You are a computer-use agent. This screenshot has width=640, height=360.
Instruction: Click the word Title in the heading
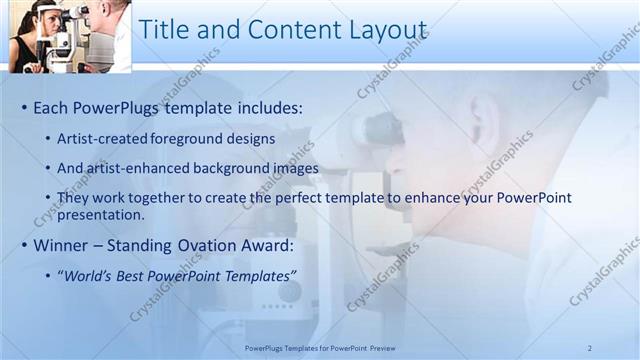[163, 30]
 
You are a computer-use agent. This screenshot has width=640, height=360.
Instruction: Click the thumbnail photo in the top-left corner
[69, 36]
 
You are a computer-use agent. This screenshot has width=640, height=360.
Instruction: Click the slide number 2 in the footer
[589, 347]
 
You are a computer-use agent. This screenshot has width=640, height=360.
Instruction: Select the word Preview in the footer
[416, 347]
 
